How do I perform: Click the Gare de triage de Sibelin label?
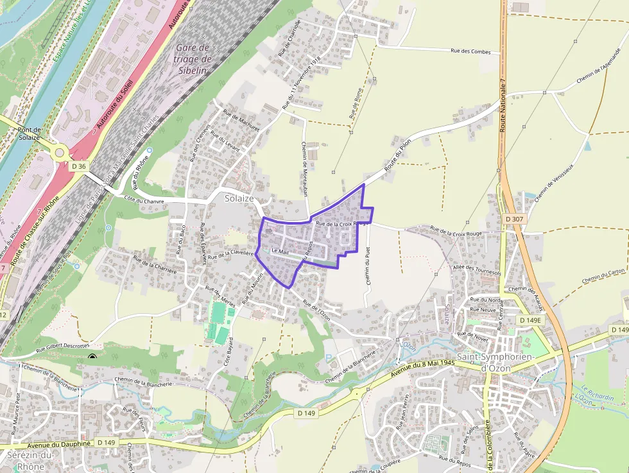point(192,59)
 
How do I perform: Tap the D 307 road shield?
point(514,219)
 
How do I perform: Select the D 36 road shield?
point(79,166)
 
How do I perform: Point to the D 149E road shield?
point(530,320)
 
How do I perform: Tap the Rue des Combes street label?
point(470,51)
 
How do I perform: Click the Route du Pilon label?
point(397,155)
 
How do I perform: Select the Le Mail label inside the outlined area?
point(280,250)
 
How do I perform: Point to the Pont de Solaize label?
point(30,133)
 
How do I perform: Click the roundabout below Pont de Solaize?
point(60,153)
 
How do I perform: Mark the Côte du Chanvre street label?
point(144,201)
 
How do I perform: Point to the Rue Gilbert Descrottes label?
point(62,350)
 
